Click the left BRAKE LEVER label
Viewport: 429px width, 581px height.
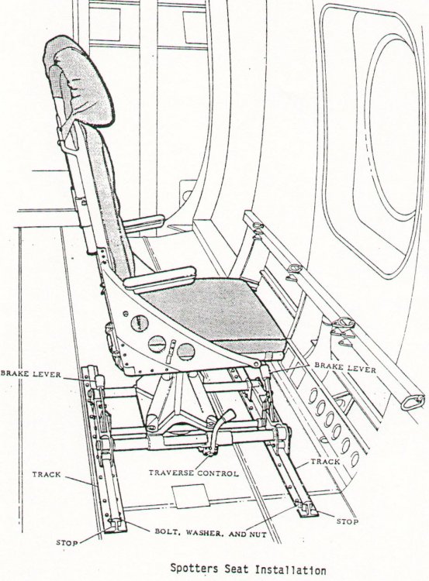[30, 374]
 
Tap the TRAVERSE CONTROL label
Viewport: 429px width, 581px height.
[193, 473]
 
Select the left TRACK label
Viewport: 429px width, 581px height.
[47, 474]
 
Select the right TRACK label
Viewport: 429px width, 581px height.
[325, 462]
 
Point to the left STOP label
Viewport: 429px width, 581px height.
[67, 543]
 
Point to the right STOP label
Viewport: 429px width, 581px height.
[348, 521]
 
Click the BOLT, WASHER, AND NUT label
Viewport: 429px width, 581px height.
[210, 534]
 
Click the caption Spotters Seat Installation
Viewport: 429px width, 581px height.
[248, 569]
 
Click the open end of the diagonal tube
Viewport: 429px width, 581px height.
[413, 402]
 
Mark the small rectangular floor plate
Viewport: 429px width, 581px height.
[192, 496]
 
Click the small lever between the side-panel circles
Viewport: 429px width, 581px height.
[170, 351]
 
